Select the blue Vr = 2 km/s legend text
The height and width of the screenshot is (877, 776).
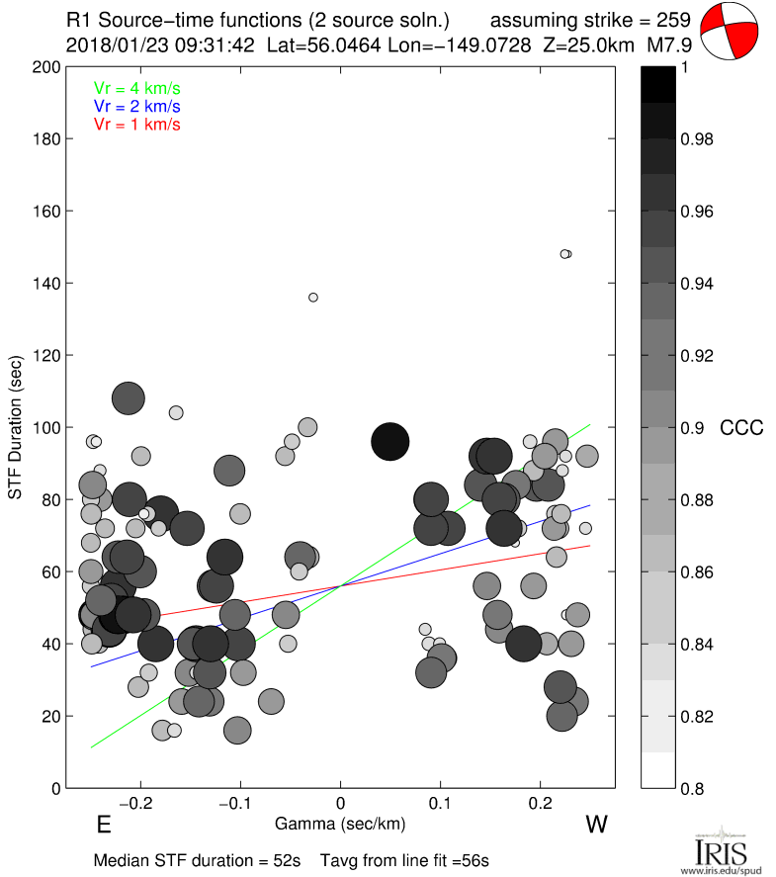point(137,106)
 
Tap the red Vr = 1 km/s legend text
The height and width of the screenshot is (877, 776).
point(137,124)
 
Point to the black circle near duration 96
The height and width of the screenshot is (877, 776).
point(389,441)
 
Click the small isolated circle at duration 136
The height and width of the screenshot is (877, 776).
point(313,297)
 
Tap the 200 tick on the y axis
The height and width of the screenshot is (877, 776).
point(43,67)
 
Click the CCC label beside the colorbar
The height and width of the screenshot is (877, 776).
point(741,428)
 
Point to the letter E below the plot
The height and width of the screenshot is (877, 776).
point(102,825)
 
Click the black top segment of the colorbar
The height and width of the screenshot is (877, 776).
point(657,83)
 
